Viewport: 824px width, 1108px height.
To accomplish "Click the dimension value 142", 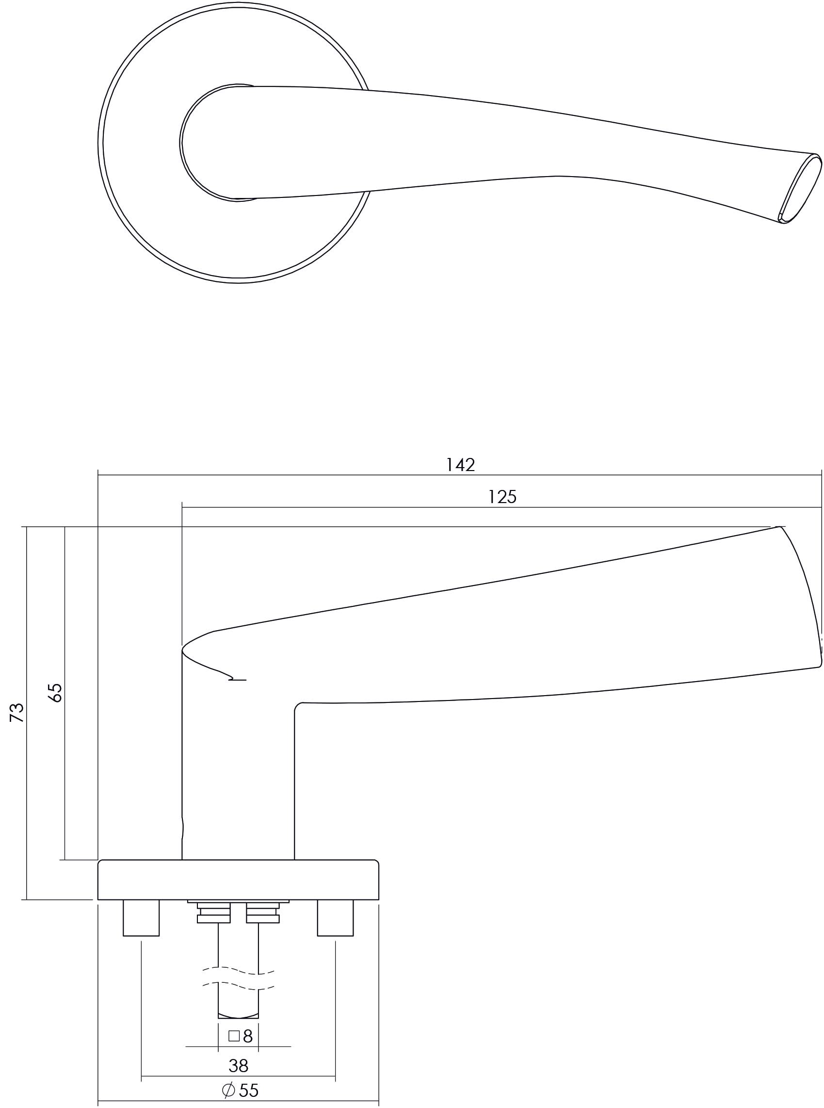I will [460, 465].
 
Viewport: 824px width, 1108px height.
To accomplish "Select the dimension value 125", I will [502, 497].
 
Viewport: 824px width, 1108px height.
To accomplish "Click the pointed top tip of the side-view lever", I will [778, 527].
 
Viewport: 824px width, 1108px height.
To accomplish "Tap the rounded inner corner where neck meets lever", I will [298, 707].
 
